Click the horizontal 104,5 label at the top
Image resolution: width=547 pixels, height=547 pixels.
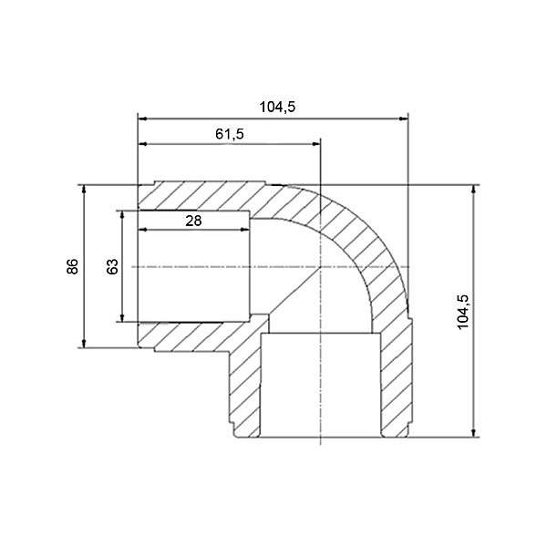click(277, 107)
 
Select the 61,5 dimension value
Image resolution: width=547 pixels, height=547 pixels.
click(230, 134)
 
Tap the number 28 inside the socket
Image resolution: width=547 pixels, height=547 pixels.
click(193, 221)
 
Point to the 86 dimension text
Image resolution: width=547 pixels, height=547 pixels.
click(73, 266)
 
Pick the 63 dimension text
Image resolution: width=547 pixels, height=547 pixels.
click(112, 266)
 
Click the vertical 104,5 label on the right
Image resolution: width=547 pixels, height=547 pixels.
click(463, 312)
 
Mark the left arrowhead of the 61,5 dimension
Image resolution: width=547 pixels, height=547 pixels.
click(143, 144)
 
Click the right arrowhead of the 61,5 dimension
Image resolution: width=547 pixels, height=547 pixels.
click(315, 144)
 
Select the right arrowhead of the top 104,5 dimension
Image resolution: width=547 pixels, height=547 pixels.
click(403, 119)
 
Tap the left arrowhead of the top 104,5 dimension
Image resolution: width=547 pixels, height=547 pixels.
click(143, 119)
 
